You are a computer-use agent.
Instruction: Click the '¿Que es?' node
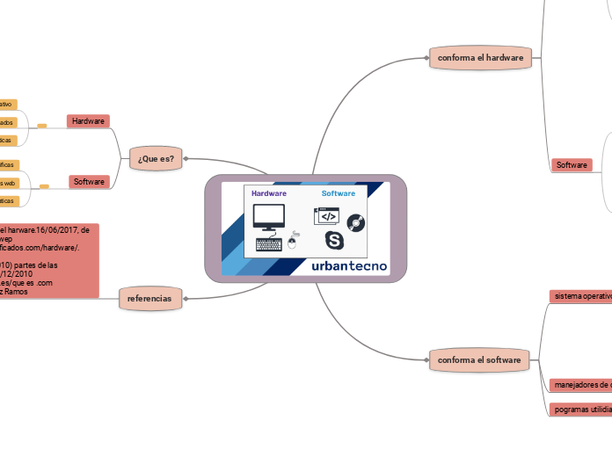tap(156, 159)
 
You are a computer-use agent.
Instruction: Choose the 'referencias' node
tap(149, 299)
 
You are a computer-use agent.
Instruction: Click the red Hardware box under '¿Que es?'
tap(88, 120)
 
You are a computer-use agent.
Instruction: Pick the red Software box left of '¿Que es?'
tap(89, 182)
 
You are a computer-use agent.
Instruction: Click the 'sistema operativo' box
tap(580, 296)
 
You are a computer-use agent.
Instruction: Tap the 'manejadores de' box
tap(579, 384)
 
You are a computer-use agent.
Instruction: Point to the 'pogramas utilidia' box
tap(579, 409)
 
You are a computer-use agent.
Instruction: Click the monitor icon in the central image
tap(268, 216)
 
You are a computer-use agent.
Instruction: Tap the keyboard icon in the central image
tap(269, 244)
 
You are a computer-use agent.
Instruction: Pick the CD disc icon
tap(356, 222)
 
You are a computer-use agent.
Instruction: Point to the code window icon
tap(326, 216)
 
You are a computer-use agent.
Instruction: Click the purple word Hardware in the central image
tap(269, 193)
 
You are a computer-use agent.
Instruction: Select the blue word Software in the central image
tap(339, 193)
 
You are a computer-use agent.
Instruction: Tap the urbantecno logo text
tap(349, 265)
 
